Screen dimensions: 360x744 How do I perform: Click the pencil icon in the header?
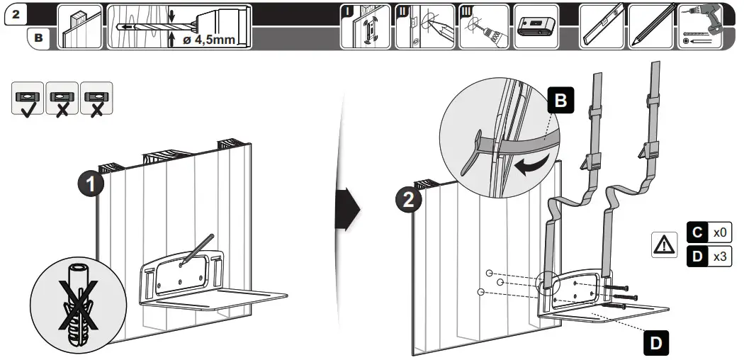tap(650, 27)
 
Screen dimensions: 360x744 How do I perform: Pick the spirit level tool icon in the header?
tap(601, 27)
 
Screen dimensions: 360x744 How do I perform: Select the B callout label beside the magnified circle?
tap(560, 102)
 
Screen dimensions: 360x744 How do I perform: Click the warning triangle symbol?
tap(663, 245)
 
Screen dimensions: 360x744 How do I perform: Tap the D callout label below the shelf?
tap(656, 343)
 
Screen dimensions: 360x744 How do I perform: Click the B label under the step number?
tap(38, 39)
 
